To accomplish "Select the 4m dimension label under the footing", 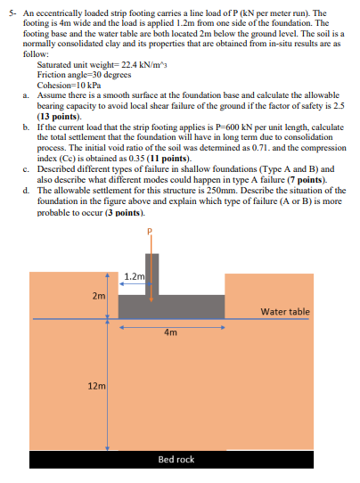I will pos(170,332).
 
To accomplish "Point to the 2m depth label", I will pos(97,295).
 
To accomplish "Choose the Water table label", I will pos(285,312).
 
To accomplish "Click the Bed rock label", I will pos(176,459).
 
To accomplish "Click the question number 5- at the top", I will pos(11,15).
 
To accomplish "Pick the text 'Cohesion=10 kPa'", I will pos(64,85).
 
